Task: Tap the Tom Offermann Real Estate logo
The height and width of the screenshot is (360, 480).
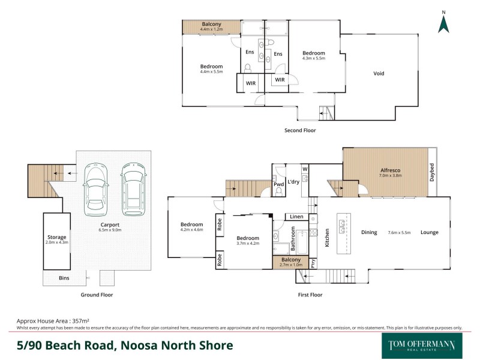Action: pos(421,346)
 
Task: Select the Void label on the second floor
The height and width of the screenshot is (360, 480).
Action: pos(379,74)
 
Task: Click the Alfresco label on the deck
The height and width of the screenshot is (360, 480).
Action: pos(391,170)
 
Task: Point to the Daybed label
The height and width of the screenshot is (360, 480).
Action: pos(431,172)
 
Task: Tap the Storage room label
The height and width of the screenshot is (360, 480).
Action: pos(57,237)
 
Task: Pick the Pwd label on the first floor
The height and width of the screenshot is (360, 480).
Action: pos(279,185)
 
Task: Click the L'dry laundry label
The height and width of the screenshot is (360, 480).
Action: pos(293,182)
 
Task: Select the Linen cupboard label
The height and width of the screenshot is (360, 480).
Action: pos(296,217)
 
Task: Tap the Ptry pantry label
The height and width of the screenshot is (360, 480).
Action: pos(314,262)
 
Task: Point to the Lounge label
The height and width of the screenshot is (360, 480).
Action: pos(429,232)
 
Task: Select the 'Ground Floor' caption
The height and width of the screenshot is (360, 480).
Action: pos(97,295)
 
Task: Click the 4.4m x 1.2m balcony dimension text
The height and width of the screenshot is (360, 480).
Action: pos(212,29)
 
